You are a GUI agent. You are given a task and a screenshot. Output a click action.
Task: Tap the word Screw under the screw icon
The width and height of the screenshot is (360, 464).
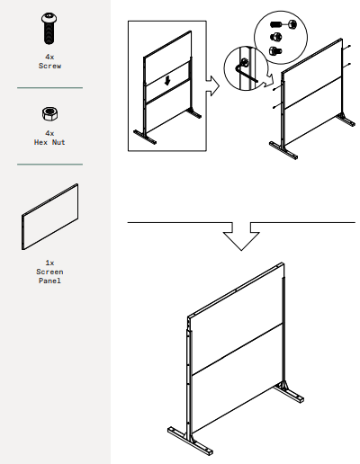click(49, 66)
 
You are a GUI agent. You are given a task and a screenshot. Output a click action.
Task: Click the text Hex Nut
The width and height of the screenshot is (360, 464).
click(49, 142)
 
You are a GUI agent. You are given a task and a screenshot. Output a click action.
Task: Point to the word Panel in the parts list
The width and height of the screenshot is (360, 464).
click(49, 281)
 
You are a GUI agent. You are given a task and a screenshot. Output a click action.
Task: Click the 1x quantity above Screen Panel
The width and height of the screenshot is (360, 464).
click(49, 263)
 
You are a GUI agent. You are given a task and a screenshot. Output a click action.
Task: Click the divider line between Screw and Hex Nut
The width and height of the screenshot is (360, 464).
click(49, 87)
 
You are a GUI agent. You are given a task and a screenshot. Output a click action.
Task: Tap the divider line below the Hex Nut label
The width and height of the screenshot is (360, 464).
click(49, 164)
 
